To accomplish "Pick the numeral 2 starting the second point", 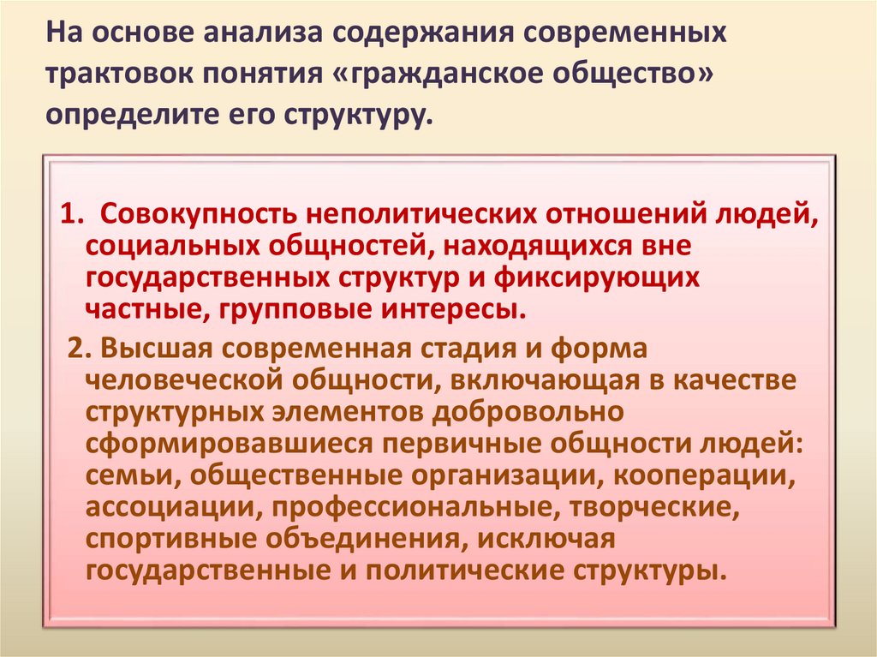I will [x=75, y=349].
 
